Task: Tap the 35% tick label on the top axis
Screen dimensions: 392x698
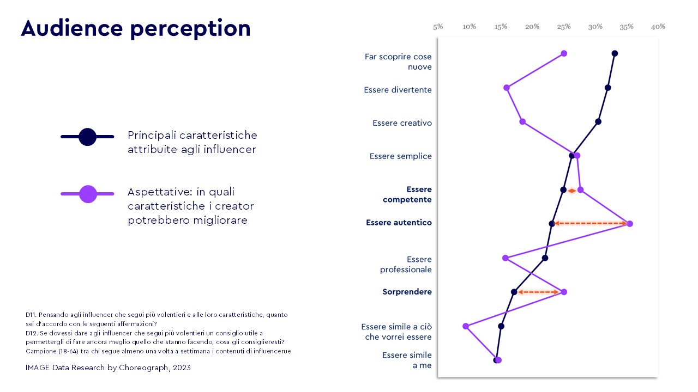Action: pos(627,26)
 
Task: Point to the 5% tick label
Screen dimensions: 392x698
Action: pos(438,26)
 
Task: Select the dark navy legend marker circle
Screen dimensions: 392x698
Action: pos(87,137)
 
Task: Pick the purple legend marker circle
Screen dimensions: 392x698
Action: pos(88,194)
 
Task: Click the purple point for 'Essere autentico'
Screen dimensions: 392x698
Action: pos(630,224)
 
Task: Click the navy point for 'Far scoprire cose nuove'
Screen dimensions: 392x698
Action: pos(615,53)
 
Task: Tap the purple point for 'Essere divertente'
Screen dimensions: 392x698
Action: pos(507,88)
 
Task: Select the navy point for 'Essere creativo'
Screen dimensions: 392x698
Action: pos(598,121)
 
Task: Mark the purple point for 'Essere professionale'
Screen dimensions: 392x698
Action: pos(505,258)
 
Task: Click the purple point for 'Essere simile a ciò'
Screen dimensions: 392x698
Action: pos(466,326)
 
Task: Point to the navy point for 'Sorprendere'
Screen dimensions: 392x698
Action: pos(514,292)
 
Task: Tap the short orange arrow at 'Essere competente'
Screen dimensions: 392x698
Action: pos(571,191)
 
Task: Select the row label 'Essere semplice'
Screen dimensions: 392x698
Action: pos(400,156)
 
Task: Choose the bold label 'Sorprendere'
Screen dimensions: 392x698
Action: pos(407,292)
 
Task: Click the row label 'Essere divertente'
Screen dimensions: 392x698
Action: pos(398,90)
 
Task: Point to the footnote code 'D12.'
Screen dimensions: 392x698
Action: pos(31,333)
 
